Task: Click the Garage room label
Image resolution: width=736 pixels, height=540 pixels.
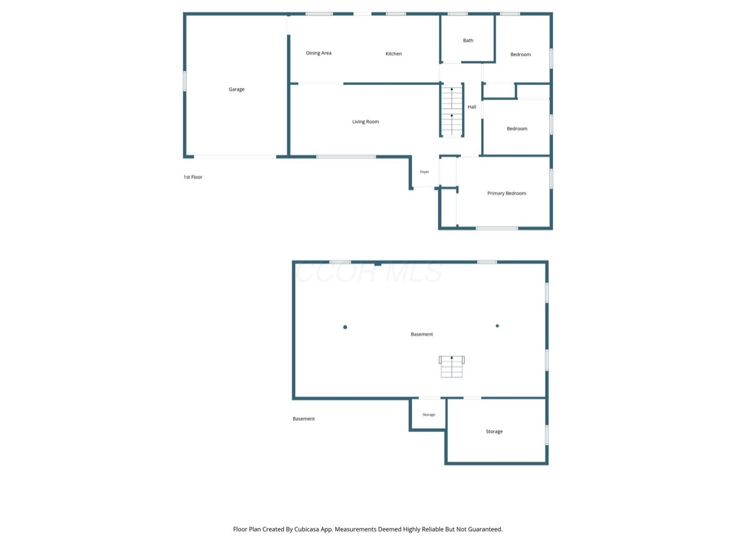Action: click(x=237, y=89)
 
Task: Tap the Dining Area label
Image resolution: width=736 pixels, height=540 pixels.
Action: click(x=319, y=53)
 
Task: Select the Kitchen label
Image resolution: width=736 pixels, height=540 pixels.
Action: click(x=393, y=54)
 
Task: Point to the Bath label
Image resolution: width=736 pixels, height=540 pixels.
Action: click(x=468, y=41)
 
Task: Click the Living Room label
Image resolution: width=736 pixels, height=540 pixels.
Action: click(x=366, y=122)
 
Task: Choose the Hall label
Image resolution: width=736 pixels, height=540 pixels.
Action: click(x=472, y=107)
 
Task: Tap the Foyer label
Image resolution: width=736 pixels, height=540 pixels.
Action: click(x=424, y=172)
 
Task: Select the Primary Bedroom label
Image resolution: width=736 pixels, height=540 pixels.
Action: click(x=506, y=193)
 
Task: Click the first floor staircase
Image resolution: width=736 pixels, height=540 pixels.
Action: click(x=451, y=110)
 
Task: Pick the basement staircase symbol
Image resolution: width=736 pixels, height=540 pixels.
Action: click(x=451, y=366)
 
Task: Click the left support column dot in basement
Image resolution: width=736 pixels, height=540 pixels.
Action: click(x=345, y=327)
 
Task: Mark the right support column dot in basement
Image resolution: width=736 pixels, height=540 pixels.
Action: click(x=497, y=326)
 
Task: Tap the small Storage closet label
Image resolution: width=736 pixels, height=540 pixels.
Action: click(x=428, y=415)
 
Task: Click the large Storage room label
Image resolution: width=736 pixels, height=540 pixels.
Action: click(x=494, y=431)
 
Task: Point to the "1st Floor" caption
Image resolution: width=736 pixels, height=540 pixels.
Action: click(x=193, y=177)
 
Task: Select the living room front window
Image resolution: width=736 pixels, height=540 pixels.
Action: click(x=346, y=156)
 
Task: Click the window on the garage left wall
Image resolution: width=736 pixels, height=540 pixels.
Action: click(x=185, y=81)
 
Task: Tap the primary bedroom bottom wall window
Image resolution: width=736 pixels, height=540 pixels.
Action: click(x=497, y=228)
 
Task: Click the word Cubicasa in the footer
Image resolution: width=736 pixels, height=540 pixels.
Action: click(x=307, y=529)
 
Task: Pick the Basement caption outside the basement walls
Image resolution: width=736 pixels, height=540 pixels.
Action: click(x=303, y=419)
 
